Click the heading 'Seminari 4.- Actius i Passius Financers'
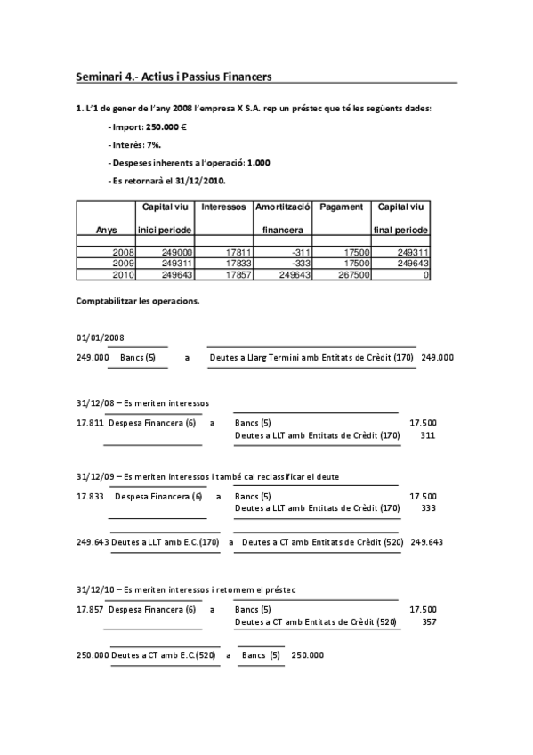click(174, 77)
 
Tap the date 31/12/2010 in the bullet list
click(197, 181)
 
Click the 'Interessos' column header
click(223, 207)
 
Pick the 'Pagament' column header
click(342, 207)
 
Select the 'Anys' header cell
click(106, 230)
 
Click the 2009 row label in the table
click(121, 264)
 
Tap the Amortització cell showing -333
click(301, 264)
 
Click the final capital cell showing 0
click(425, 275)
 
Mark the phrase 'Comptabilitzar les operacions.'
click(138, 301)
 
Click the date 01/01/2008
click(100, 338)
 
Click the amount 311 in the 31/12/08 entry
click(427, 435)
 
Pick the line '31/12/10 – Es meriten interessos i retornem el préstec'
click(186, 590)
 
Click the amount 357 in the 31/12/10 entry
click(428, 621)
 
